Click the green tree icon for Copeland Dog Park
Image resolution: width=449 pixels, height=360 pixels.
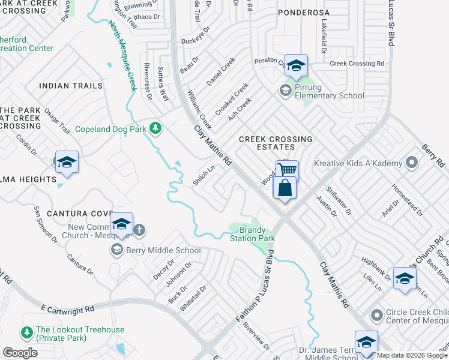pos(155,128)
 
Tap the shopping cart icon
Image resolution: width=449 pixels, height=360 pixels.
pos(287,170)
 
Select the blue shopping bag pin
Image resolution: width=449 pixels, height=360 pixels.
pos(284,188)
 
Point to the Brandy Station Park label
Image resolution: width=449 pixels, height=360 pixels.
pos(252,234)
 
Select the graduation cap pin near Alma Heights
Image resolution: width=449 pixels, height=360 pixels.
pos(67,162)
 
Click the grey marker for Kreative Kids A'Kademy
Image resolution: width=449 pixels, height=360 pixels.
pos(412,163)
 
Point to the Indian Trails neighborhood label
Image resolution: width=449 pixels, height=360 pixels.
pos(71,86)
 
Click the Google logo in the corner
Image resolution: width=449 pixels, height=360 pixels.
pos(20,353)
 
